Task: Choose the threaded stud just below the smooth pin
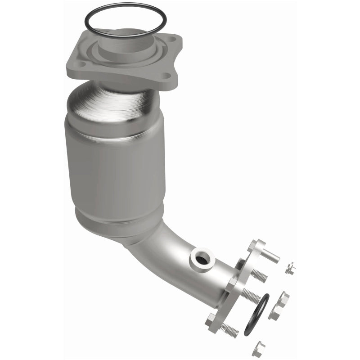click(x=260, y=275)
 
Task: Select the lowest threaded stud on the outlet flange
click(x=229, y=330)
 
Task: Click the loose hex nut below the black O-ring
click(x=258, y=348)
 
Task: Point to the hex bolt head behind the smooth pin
click(x=253, y=245)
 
